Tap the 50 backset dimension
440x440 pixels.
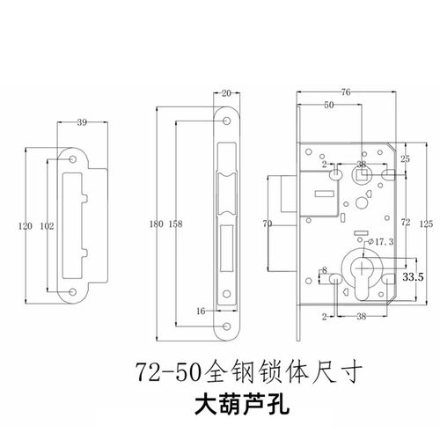[327, 106]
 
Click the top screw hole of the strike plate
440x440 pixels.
[73, 161]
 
